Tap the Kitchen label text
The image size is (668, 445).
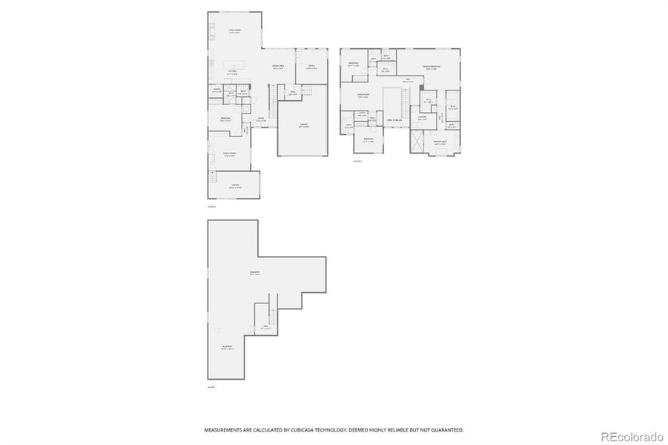click(232, 72)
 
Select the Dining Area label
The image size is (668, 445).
click(277, 67)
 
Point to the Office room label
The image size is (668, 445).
click(311, 67)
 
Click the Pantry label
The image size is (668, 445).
click(218, 90)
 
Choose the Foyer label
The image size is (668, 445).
click(261, 119)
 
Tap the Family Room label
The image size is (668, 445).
click(230, 154)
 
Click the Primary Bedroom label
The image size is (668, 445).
click(432, 67)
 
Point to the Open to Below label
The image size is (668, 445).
click(394, 119)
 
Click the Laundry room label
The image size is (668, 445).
click(421, 117)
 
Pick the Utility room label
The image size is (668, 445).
click(363, 114)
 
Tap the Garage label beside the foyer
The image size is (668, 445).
click(302, 125)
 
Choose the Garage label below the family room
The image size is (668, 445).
click(234, 185)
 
